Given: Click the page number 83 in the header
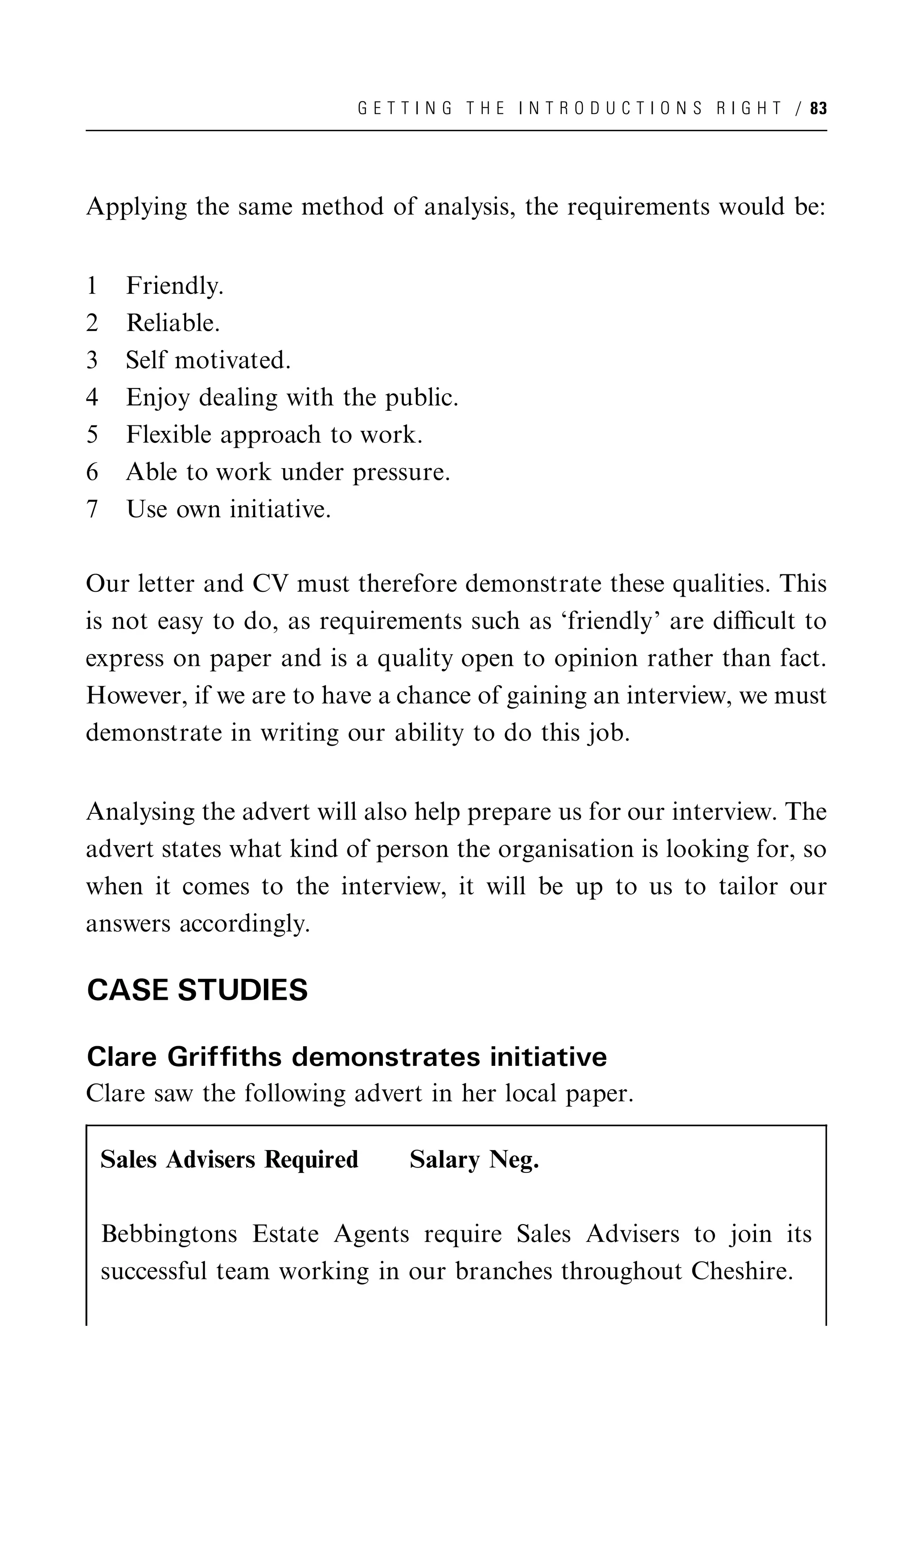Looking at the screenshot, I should pos(818,109).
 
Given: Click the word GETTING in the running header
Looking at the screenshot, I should pos(405,109).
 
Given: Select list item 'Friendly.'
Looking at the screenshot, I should pos(174,286).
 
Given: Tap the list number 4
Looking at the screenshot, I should pos(92,398).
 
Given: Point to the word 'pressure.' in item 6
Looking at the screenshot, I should pos(401,473).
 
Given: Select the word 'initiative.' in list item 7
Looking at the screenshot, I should pos(280,510).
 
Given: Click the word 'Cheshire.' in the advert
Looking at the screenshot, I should pos(742,1271).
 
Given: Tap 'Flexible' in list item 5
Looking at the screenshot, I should pos(168,435).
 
